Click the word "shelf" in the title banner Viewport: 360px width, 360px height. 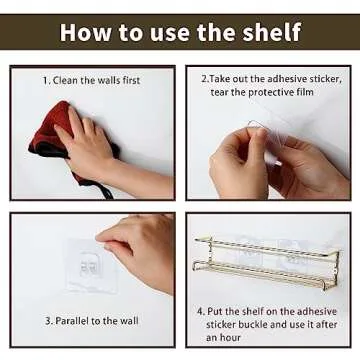coord(272,32)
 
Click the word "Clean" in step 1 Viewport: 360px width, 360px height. coord(65,81)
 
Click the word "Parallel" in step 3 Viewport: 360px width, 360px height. coord(72,321)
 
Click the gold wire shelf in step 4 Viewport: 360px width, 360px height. coord(267,263)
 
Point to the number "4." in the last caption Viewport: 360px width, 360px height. coord(201,312)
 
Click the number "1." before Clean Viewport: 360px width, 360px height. coord(46,81)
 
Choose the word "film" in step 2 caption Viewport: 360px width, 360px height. coord(305,92)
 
